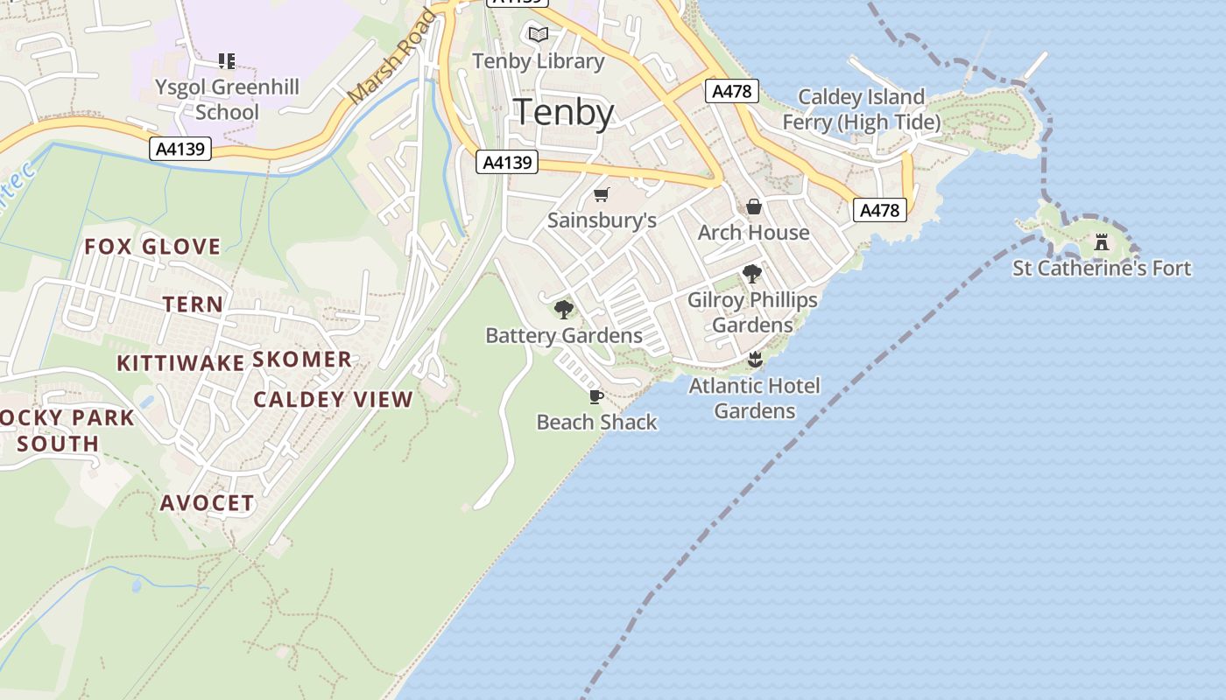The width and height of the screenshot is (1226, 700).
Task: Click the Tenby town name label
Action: point(563,113)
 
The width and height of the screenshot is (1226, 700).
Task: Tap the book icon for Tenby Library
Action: point(538,35)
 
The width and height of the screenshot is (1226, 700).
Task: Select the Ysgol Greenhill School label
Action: point(227,99)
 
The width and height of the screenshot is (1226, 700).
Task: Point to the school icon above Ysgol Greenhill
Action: point(227,61)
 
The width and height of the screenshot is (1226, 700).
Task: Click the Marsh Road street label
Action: point(391,58)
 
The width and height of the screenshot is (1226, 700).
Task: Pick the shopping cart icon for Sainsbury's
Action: point(601,194)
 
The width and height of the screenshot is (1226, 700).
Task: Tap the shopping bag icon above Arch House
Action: point(753,207)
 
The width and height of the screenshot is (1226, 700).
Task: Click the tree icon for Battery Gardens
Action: point(564,309)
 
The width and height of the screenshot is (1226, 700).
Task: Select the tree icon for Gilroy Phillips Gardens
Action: point(751,273)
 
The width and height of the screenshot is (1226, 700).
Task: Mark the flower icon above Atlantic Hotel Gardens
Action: point(754,360)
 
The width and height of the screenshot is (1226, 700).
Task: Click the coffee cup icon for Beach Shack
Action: point(596,396)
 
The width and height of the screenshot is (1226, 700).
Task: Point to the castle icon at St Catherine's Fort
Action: point(1102,242)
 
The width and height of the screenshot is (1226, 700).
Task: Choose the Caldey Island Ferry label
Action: point(861,109)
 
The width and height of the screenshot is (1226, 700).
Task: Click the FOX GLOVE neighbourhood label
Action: point(152,247)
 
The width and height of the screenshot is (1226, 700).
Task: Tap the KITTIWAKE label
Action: point(180,363)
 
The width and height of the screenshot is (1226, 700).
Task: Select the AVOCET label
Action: point(207,503)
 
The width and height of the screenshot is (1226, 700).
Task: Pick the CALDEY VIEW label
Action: point(333,400)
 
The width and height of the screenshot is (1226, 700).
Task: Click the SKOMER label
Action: point(302,359)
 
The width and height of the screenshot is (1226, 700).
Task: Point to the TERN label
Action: point(193,304)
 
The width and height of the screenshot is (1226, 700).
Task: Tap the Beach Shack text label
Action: point(596,423)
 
